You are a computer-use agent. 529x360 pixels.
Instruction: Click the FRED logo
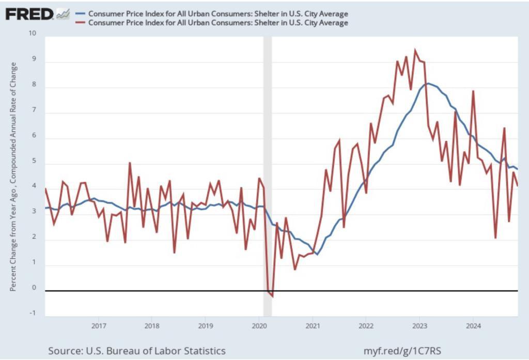click(x=29, y=13)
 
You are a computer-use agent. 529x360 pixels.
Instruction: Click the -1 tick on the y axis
click(x=33, y=313)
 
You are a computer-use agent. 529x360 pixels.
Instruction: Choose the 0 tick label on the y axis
click(x=34, y=288)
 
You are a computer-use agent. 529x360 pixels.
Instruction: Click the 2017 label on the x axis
click(x=98, y=326)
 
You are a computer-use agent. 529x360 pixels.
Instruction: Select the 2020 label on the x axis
click(x=259, y=326)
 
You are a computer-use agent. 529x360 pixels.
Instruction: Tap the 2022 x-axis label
click(x=366, y=326)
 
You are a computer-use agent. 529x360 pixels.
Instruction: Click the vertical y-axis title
click(x=13, y=176)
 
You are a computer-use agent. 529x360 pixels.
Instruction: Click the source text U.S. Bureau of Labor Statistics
click(x=137, y=351)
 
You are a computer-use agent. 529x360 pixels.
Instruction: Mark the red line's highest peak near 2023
click(x=415, y=51)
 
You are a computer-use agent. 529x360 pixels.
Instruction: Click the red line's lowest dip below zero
click(x=272, y=296)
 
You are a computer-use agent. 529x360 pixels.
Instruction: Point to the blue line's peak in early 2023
click(x=428, y=83)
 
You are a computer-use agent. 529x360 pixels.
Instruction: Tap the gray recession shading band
click(x=268, y=176)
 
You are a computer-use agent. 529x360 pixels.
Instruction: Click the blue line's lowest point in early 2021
click(x=317, y=254)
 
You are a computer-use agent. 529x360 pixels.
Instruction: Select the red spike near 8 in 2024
click(x=473, y=91)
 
